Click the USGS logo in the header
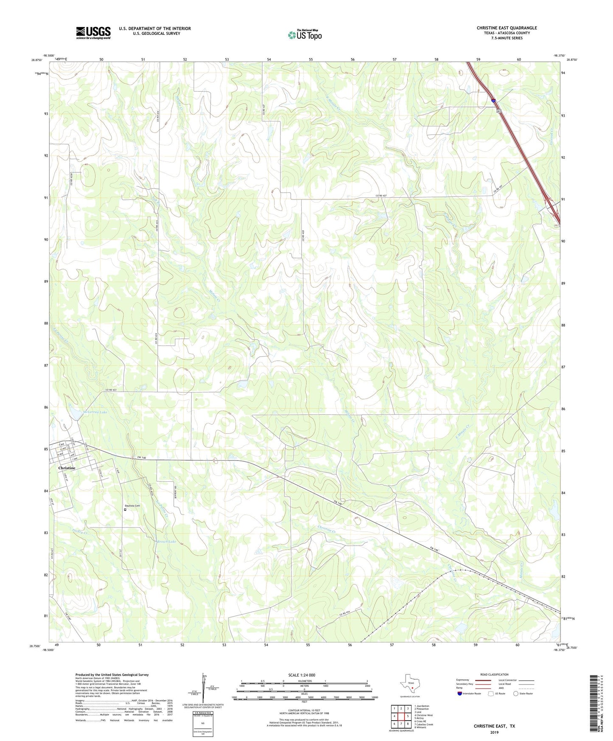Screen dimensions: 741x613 click(x=93, y=33)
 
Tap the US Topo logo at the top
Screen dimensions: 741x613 click(x=305, y=35)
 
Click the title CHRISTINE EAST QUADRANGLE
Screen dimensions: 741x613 click(x=507, y=28)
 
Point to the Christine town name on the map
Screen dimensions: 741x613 click(x=67, y=468)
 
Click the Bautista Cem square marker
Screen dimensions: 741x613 click(x=125, y=510)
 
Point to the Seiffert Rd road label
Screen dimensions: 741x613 click(x=175, y=492)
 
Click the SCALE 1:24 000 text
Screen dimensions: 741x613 click(x=302, y=675)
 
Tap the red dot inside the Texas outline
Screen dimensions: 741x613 click(x=412, y=688)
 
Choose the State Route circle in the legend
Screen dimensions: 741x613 click(x=516, y=693)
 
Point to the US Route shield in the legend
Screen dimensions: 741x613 click(x=491, y=693)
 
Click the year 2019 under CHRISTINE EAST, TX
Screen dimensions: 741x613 click(x=494, y=733)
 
